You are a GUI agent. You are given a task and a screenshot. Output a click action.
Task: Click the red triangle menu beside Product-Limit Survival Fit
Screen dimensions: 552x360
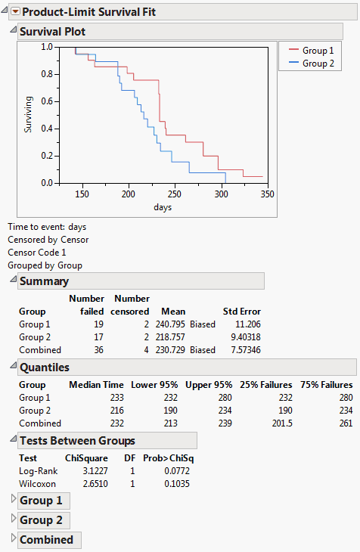tap(14, 12)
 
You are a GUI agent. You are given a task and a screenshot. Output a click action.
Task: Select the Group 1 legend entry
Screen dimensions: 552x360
tap(318, 50)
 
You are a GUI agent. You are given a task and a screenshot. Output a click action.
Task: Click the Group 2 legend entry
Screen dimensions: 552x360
tap(318, 64)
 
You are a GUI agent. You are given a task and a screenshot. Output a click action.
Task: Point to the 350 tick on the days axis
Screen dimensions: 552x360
tap(266, 194)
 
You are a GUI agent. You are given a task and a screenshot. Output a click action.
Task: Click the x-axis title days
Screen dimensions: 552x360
tap(162, 207)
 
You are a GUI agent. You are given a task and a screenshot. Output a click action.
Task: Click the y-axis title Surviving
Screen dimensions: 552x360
tap(29, 114)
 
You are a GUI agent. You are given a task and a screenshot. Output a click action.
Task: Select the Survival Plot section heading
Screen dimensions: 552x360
tap(52, 32)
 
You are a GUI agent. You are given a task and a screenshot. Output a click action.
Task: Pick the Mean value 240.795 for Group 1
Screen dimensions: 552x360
tap(170, 324)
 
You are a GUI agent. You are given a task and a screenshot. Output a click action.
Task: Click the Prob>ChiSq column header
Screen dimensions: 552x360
tap(167, 458)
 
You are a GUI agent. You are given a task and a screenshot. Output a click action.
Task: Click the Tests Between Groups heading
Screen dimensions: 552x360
tap(77, 441)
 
